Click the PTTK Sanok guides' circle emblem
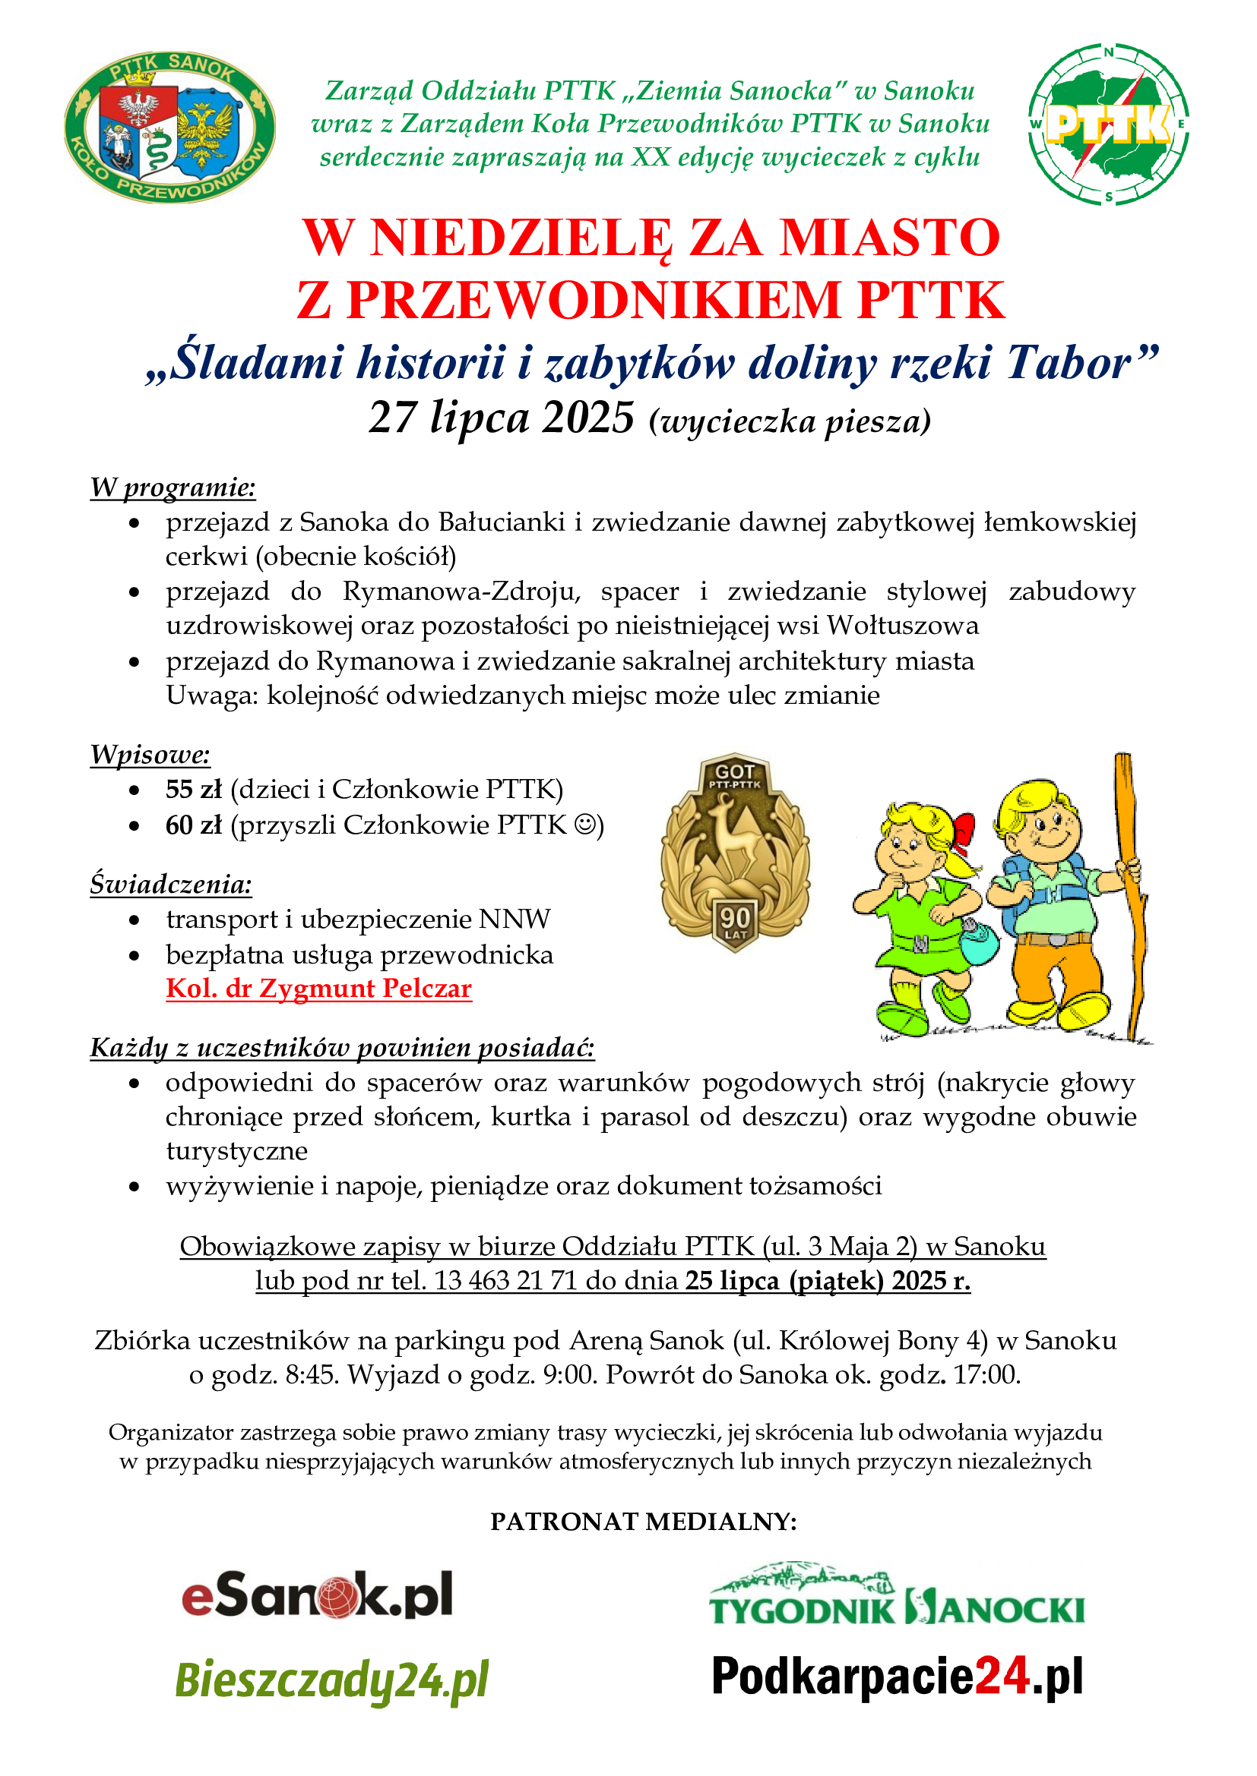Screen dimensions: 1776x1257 click(169, 127)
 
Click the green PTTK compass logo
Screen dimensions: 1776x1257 click(1108, 125)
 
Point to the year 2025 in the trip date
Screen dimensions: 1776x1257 click(588, 418)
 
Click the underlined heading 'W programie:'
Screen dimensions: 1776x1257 click(173, 487)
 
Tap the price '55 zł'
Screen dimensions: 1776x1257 click(194, 789)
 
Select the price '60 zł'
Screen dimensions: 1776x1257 click(194, 825)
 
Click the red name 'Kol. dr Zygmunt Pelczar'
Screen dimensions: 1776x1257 click(319, 989)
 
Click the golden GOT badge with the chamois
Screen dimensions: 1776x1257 click(735, 851)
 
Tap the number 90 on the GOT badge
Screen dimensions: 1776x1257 click(735, 917)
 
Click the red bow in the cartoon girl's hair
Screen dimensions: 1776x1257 click(963, 832)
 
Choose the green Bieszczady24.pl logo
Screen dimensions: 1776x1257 click(332, 1680)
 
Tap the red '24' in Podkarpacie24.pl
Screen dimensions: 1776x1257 click(1002, 1677)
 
